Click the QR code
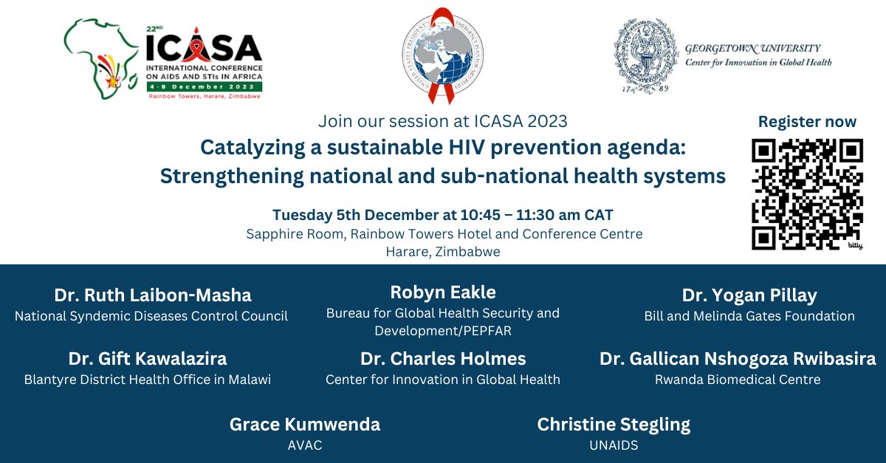[x=807, y=193]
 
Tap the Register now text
[x=807, y=122]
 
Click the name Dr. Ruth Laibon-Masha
[x=153, y=295]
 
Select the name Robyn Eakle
[x=443, y=292]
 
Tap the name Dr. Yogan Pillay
[x=749, y=295]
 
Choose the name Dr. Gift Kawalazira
[x=148, y=359]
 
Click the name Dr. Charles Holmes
[x=443, y=359]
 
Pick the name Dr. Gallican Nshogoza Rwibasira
[x=738, y=359]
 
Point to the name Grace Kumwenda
[x=305, y=425]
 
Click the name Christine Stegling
[x=614, y=425]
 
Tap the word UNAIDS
[x=614, y=446]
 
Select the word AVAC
[x=304, y=446]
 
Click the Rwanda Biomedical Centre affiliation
[x=738, y=380]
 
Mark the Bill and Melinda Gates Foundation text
[x=749, y=316]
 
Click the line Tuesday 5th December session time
[x=443, y=215]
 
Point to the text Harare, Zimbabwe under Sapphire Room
[x=443, y=252]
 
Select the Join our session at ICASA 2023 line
[x=443, y=121]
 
